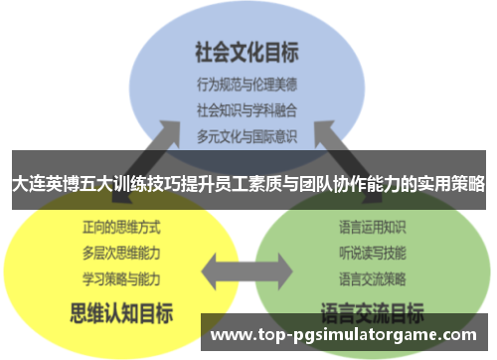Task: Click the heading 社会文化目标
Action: pyautogui.click(x=248, y=50)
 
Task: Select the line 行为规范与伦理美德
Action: pyautogui.click(x=248, y=85)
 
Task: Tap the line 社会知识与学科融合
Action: pyautogui.click(x=248, y=108)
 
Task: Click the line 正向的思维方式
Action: pyautogui.click(x=118, y=227)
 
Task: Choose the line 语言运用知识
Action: pyautogui.click(x=374, y=228)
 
